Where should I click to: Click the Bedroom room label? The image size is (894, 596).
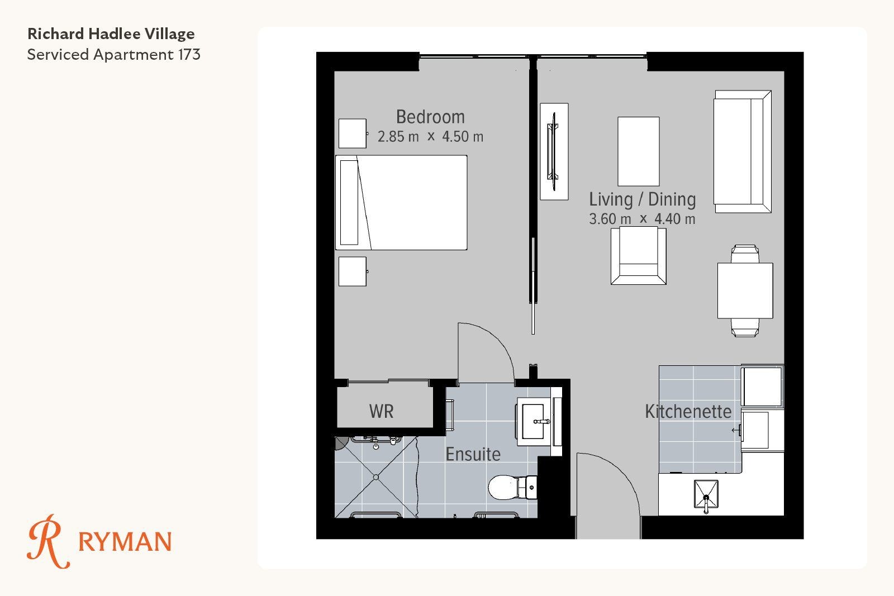[x=430, y=117]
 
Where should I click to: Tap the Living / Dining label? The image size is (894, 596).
[x=642, y=199]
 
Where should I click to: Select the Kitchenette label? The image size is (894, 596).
[x=688, y=411]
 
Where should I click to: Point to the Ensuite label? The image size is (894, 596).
[x=473, y=454]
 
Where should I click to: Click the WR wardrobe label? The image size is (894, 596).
[x=381, y=411]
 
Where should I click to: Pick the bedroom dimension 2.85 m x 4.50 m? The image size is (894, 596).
[x=430, y=137]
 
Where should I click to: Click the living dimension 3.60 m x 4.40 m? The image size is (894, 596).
[x=642, y=219]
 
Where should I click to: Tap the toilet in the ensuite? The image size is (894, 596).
[x=513, y=487]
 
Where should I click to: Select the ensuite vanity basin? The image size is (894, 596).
[x=534, y=421]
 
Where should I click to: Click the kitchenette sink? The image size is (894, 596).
[x=706, y=494]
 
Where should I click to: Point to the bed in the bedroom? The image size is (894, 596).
[x=401, y=203]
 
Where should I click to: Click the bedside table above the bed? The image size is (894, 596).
[x=353, y=133]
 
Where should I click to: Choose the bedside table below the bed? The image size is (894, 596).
[x=353, y=271]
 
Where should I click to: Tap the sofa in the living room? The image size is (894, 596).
[x=743, y=151]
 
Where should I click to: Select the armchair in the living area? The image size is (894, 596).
[x=638, y=255]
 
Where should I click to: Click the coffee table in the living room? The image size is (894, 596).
[x=639, y=151]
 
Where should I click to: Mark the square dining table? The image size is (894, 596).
[x=745, y=290]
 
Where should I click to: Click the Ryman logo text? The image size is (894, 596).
[x=125, y=542]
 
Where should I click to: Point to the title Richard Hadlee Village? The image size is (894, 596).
[x=111, y=34]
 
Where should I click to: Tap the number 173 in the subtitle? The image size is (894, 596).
[x=189, y=55]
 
